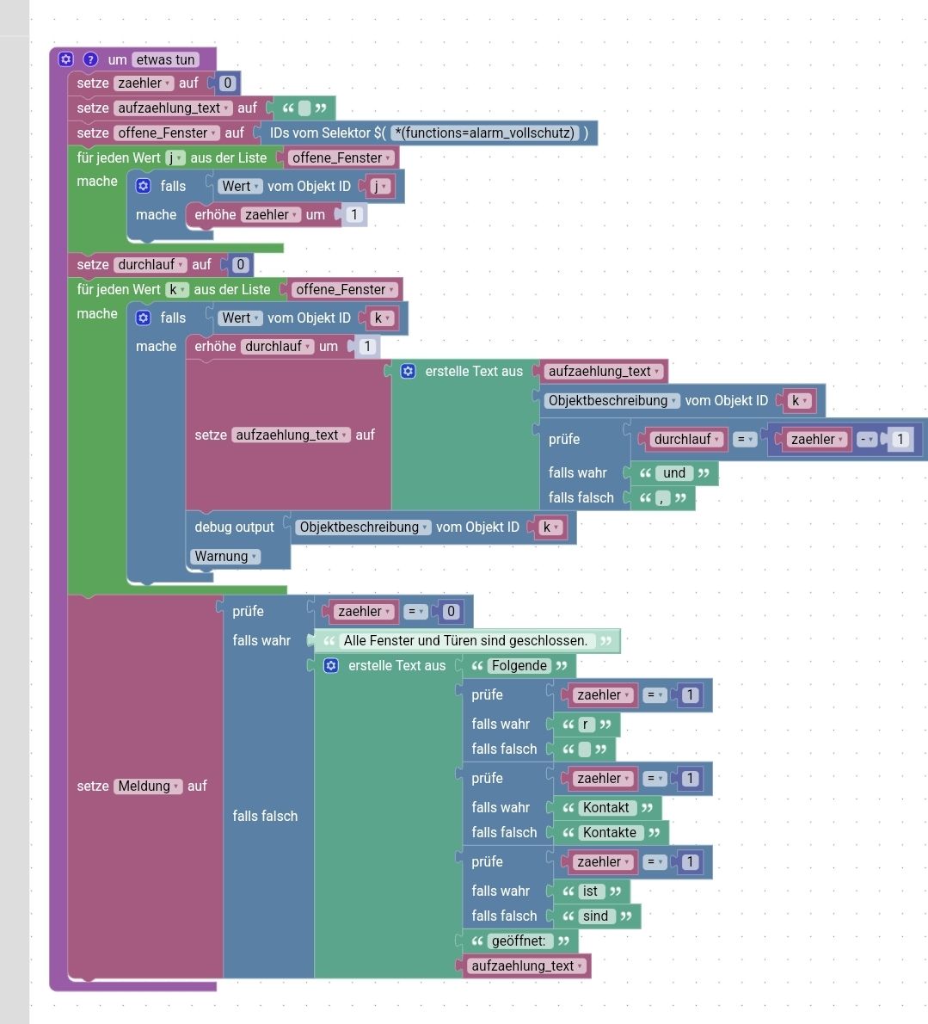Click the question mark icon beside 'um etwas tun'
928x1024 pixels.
[x=90, y=59]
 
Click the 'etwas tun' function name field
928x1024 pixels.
[x=165, y=59]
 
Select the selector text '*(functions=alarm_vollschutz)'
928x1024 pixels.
[x=484, y=133]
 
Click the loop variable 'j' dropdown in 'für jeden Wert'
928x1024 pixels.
[x=175, y=157]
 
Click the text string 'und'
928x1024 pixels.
[x=674, y=472]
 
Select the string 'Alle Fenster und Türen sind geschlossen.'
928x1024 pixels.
[x=465, y=640]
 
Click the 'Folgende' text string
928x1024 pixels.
[x=519, y=665]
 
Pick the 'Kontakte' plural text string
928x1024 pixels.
[x=610, y=832]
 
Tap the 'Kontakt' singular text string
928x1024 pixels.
[x=606, y=807]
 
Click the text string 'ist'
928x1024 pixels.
[x=590, y=891]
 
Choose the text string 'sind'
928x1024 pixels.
[x=595, y=916]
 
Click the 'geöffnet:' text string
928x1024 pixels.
[x=519, y=941]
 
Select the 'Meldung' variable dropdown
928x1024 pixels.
[x=149, y=786]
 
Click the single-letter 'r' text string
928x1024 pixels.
[x=586, y=724]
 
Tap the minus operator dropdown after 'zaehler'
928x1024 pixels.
[x=866, y=439]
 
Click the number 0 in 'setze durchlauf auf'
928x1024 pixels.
[x=241, y=264]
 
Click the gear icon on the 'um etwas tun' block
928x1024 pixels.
[x=66, y=59]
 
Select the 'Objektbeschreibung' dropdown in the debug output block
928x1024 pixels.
[x=364, y=527]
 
